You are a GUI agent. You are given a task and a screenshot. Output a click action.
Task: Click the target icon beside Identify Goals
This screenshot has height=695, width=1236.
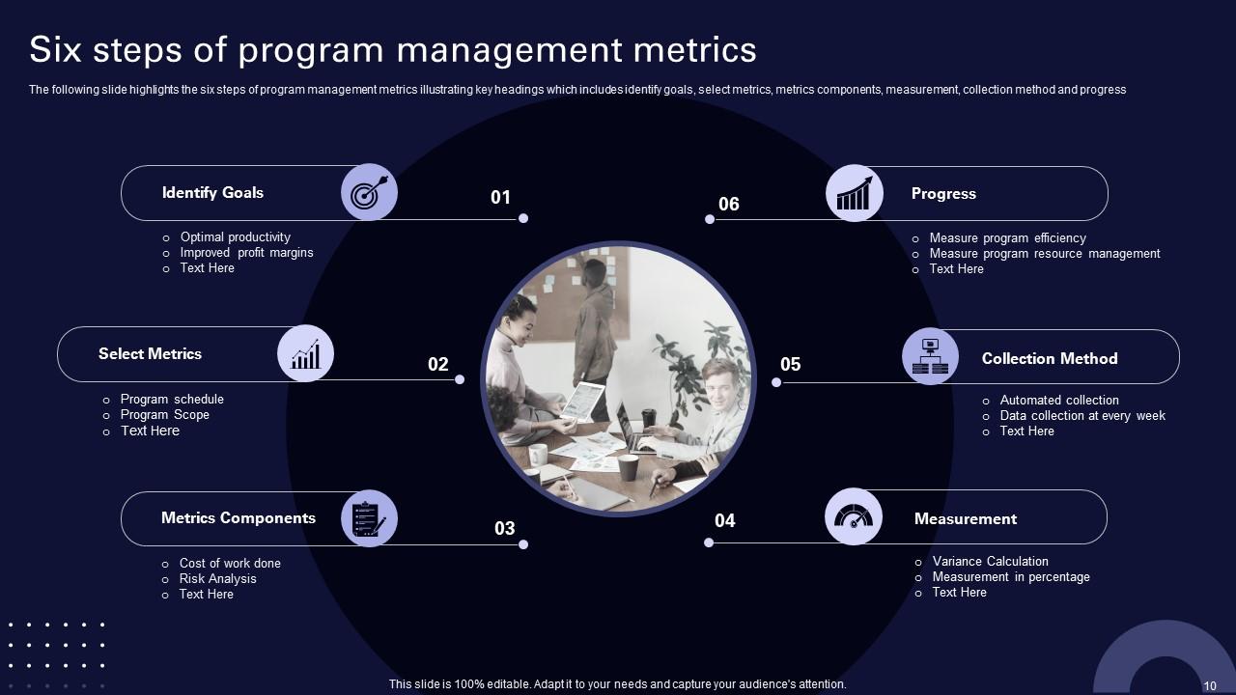pos(369,193)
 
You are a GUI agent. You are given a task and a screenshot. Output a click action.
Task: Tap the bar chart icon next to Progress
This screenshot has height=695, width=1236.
pos(855,193)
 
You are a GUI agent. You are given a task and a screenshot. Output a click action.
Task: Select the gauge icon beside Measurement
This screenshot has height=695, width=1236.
pos(854,518)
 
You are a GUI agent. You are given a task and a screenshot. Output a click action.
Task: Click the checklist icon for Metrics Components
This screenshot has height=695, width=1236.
pos(369,519)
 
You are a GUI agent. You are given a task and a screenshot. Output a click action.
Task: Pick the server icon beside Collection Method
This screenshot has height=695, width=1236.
pos(930,357)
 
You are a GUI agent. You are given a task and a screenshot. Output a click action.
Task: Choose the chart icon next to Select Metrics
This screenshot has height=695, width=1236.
pos(305,354)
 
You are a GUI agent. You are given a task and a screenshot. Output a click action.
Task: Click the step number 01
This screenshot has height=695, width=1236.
pos(500,198)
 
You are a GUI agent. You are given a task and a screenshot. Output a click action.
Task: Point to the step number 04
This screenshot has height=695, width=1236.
pos(725,521)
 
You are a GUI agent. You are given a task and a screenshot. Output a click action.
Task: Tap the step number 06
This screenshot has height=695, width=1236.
pos(729,204)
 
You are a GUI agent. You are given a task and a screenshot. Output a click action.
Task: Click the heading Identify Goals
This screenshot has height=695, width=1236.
pos(212,193)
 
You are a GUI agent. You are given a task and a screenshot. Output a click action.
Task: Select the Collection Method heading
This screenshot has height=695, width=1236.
pos(1050,359)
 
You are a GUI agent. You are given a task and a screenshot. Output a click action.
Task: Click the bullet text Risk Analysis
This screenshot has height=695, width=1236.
pos(217,579)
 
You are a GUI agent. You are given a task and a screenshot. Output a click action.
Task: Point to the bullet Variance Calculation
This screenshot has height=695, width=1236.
pos(990,562)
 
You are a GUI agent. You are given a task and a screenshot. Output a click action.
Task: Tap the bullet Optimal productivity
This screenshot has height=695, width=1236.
pos(235,237)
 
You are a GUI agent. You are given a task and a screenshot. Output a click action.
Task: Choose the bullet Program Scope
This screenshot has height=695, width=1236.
pos(164,415)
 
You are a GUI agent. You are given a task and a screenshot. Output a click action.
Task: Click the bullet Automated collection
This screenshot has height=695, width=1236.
pos(1059,401)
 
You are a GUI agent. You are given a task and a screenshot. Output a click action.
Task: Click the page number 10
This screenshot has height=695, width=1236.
pos(1210,685)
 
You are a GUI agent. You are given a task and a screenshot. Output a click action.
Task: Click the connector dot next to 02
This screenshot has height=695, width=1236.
pos(460,379)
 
